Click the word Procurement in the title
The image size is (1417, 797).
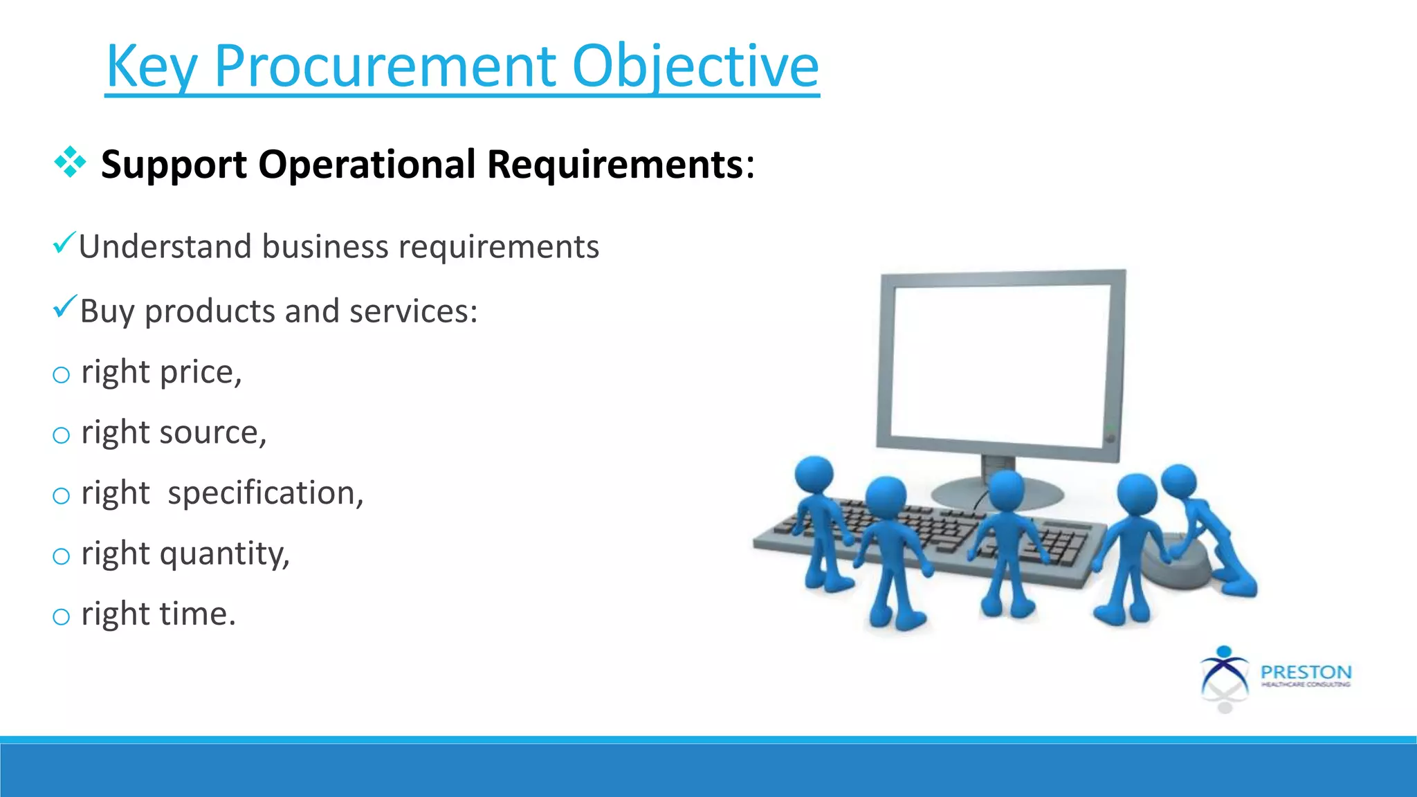(385, 66)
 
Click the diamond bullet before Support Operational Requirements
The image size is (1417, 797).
(70, 163)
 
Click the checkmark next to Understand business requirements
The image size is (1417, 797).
(64, 243)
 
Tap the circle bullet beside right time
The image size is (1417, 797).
(62, 616)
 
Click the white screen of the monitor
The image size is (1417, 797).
(1000, 367)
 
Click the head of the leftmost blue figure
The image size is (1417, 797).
(814, 474)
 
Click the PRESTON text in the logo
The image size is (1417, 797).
(1306, 672)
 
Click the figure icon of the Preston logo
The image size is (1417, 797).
(1224, 678)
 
